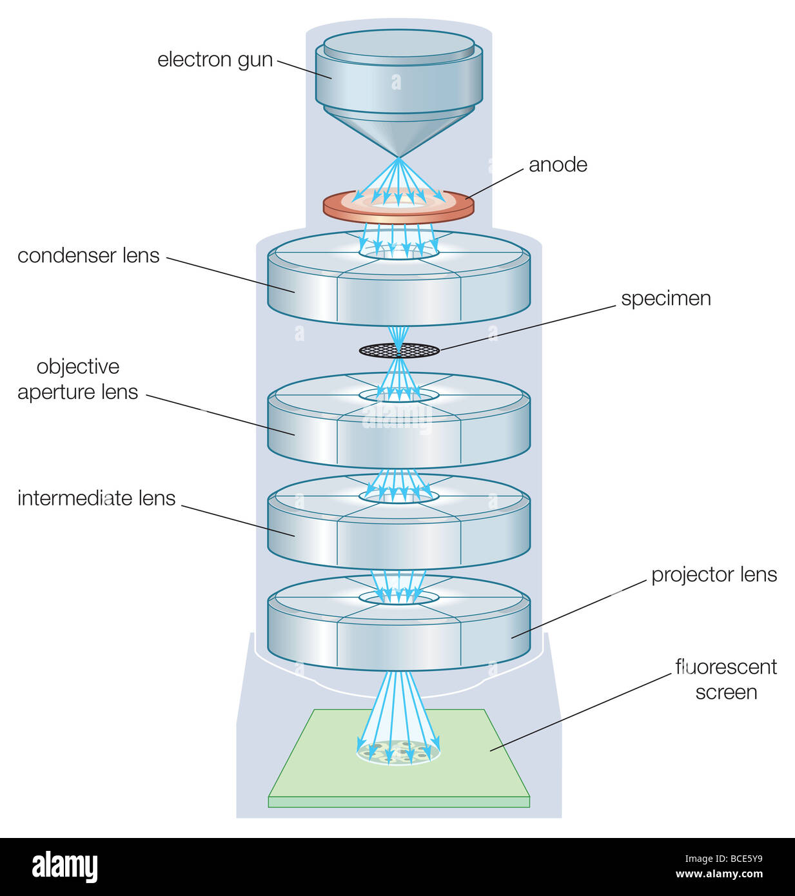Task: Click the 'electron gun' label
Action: pyautogui.click(x=215, y=60)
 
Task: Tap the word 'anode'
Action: pyautogui.click(x=558, y=165)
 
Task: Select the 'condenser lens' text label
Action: pyautogui.click(x=88, y=256)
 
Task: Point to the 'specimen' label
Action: pyautogui.click(x=665, y=299)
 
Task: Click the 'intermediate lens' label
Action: pyautogui.click(x=96, y=498)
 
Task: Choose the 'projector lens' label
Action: pyautogui.click(x=714, y=575)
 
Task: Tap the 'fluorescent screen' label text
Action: pyautogui.click(x=725, y=679)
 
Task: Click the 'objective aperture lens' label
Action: pyautogui.click(x=78, y=380)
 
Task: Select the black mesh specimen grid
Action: pyautogui.click(x=399, y=350)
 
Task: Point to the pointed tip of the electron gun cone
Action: pyautogui.click(x=399, y=157)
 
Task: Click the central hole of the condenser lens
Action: pyautogui.click(x=399, y=251)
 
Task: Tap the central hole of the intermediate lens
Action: pyautogui.click(x=399, y=496)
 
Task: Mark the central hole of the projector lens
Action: pyautogui.click(x=399, y=598)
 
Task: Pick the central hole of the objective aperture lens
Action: pyautogui.click(x=399, y=394)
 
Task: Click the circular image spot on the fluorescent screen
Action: pyautogui.click(x=398, y=752)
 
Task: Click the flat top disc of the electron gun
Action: pyautogui.click(x=399, y=43)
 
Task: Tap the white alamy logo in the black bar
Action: pyautogui.click(x=64, y=867)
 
